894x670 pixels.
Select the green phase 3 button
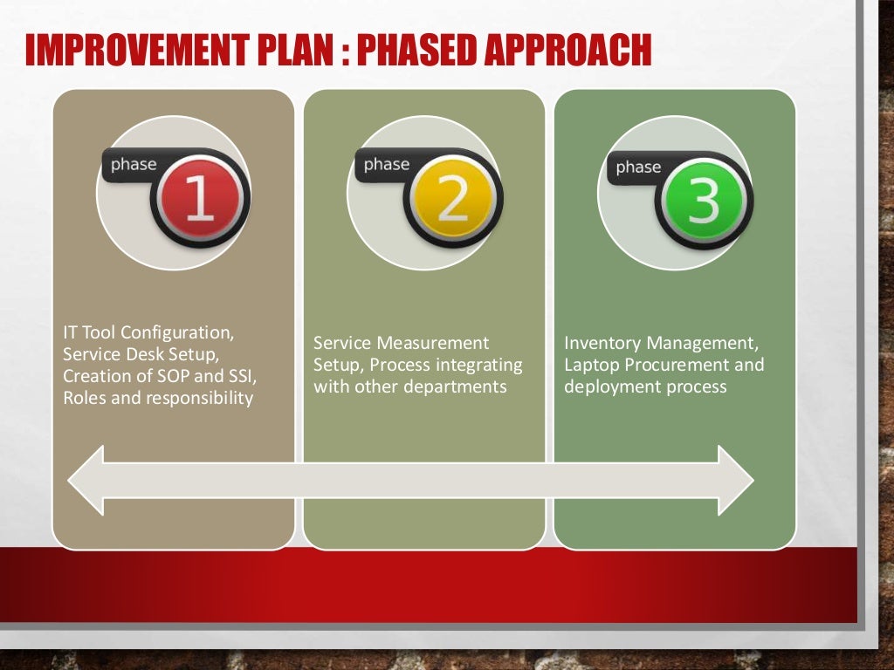pos(703,201)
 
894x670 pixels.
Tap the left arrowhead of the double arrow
pos(86,480)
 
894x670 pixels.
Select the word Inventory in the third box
pos(603,343)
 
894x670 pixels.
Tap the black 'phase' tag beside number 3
pos(638,167)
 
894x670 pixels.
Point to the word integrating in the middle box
pos(479,365)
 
